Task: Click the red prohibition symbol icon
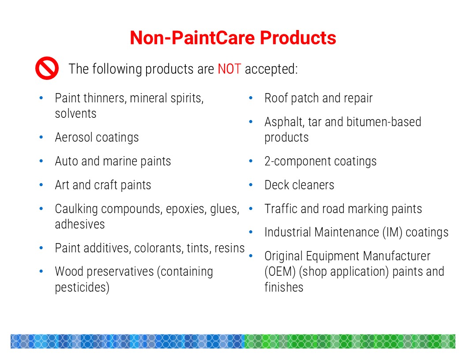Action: [x=47, y=68]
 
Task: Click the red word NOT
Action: [x=229, y=69]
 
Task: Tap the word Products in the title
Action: [x=298, y=38]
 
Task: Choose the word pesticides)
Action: [x=82, y=288]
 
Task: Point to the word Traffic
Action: [x=281, y=209]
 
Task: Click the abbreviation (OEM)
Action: [x=280, y=272]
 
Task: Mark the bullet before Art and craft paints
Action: [x=41, y=185]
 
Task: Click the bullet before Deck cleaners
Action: [x=251, y=185]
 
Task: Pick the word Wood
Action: [x=69, y=271]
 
